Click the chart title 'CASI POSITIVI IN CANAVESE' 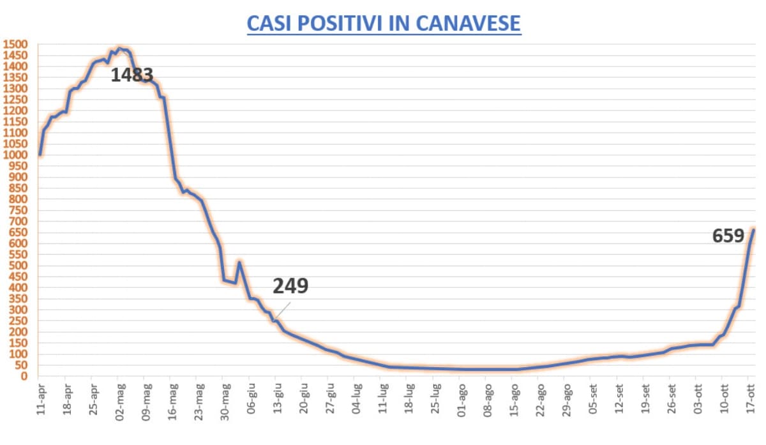tap(384, 23)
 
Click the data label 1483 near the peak tap(132, 75)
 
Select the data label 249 tap(290, 285)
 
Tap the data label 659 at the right tap(728, 236)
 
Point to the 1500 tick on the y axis tap(15, 45)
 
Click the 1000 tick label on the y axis tap(15, 155)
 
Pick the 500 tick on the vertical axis tap(18, 266)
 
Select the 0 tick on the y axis tap(26, 376)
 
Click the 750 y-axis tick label tap(18, 211)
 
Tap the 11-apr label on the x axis tap(40, 396)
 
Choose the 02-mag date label tap(119, 396)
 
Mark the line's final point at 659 tap(753, 230)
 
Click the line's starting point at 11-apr tap(40, 155)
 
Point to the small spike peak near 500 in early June tap(239, 262)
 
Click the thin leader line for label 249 tap(283, 311)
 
